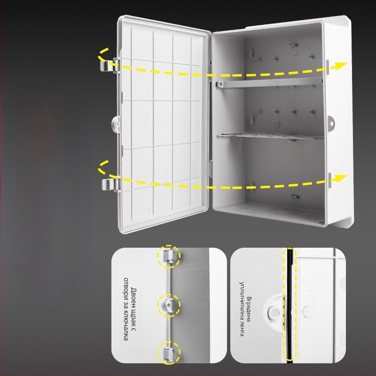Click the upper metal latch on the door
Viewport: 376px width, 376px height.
point(109,65)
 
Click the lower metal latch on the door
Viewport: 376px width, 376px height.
point(110,184)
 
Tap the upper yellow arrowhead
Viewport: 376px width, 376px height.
point(340,65)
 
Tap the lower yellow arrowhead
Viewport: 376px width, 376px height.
point(340,178)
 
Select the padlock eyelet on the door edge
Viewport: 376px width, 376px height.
point(117,124)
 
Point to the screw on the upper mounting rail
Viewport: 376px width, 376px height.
point(219,84)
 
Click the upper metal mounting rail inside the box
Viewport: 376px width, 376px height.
point(269,83)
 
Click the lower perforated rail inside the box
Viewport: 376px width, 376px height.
point(271,136)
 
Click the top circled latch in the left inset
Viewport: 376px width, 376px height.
point(168,256)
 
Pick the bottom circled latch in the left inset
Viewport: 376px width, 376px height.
point(168,353)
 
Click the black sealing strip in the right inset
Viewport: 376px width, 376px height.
point(290,305)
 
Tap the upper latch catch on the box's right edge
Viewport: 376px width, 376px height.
point(327,67)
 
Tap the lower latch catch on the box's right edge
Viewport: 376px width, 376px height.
point(329,180)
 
